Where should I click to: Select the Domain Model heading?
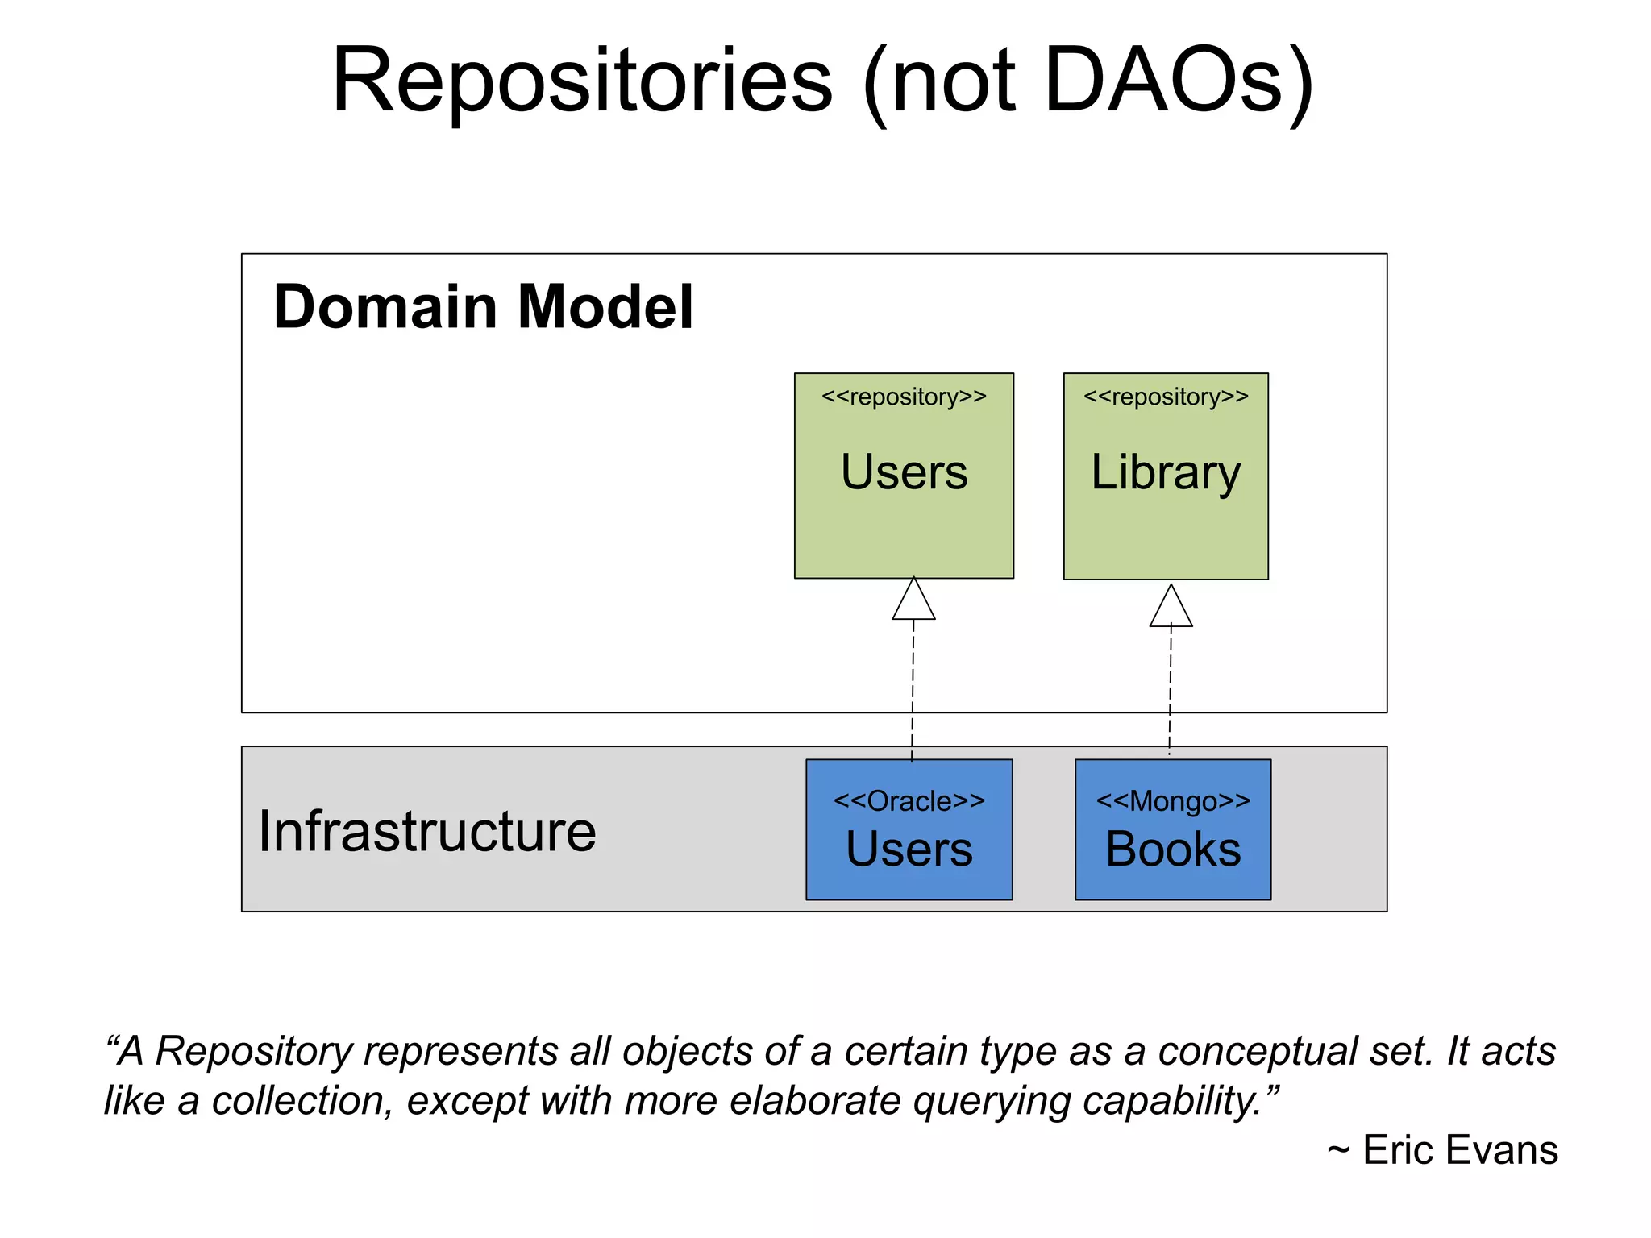tap(483, 307)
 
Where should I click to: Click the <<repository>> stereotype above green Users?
tap(904, 397)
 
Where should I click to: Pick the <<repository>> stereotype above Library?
tap(1166, 397)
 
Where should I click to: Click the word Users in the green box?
tap(904, 472)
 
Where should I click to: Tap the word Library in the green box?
tap(1166, 472)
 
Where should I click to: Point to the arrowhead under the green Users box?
tap(913, 600)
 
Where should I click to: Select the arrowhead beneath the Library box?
tap(1171, 607)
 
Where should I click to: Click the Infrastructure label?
tap(427, 832)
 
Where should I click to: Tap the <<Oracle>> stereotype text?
tap(909, 801)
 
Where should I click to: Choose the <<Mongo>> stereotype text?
tap(1173, 801)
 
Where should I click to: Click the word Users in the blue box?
tap(909, 850)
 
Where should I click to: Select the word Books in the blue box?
tap(1173, 850)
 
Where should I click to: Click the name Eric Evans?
tap(1460, 1150)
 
